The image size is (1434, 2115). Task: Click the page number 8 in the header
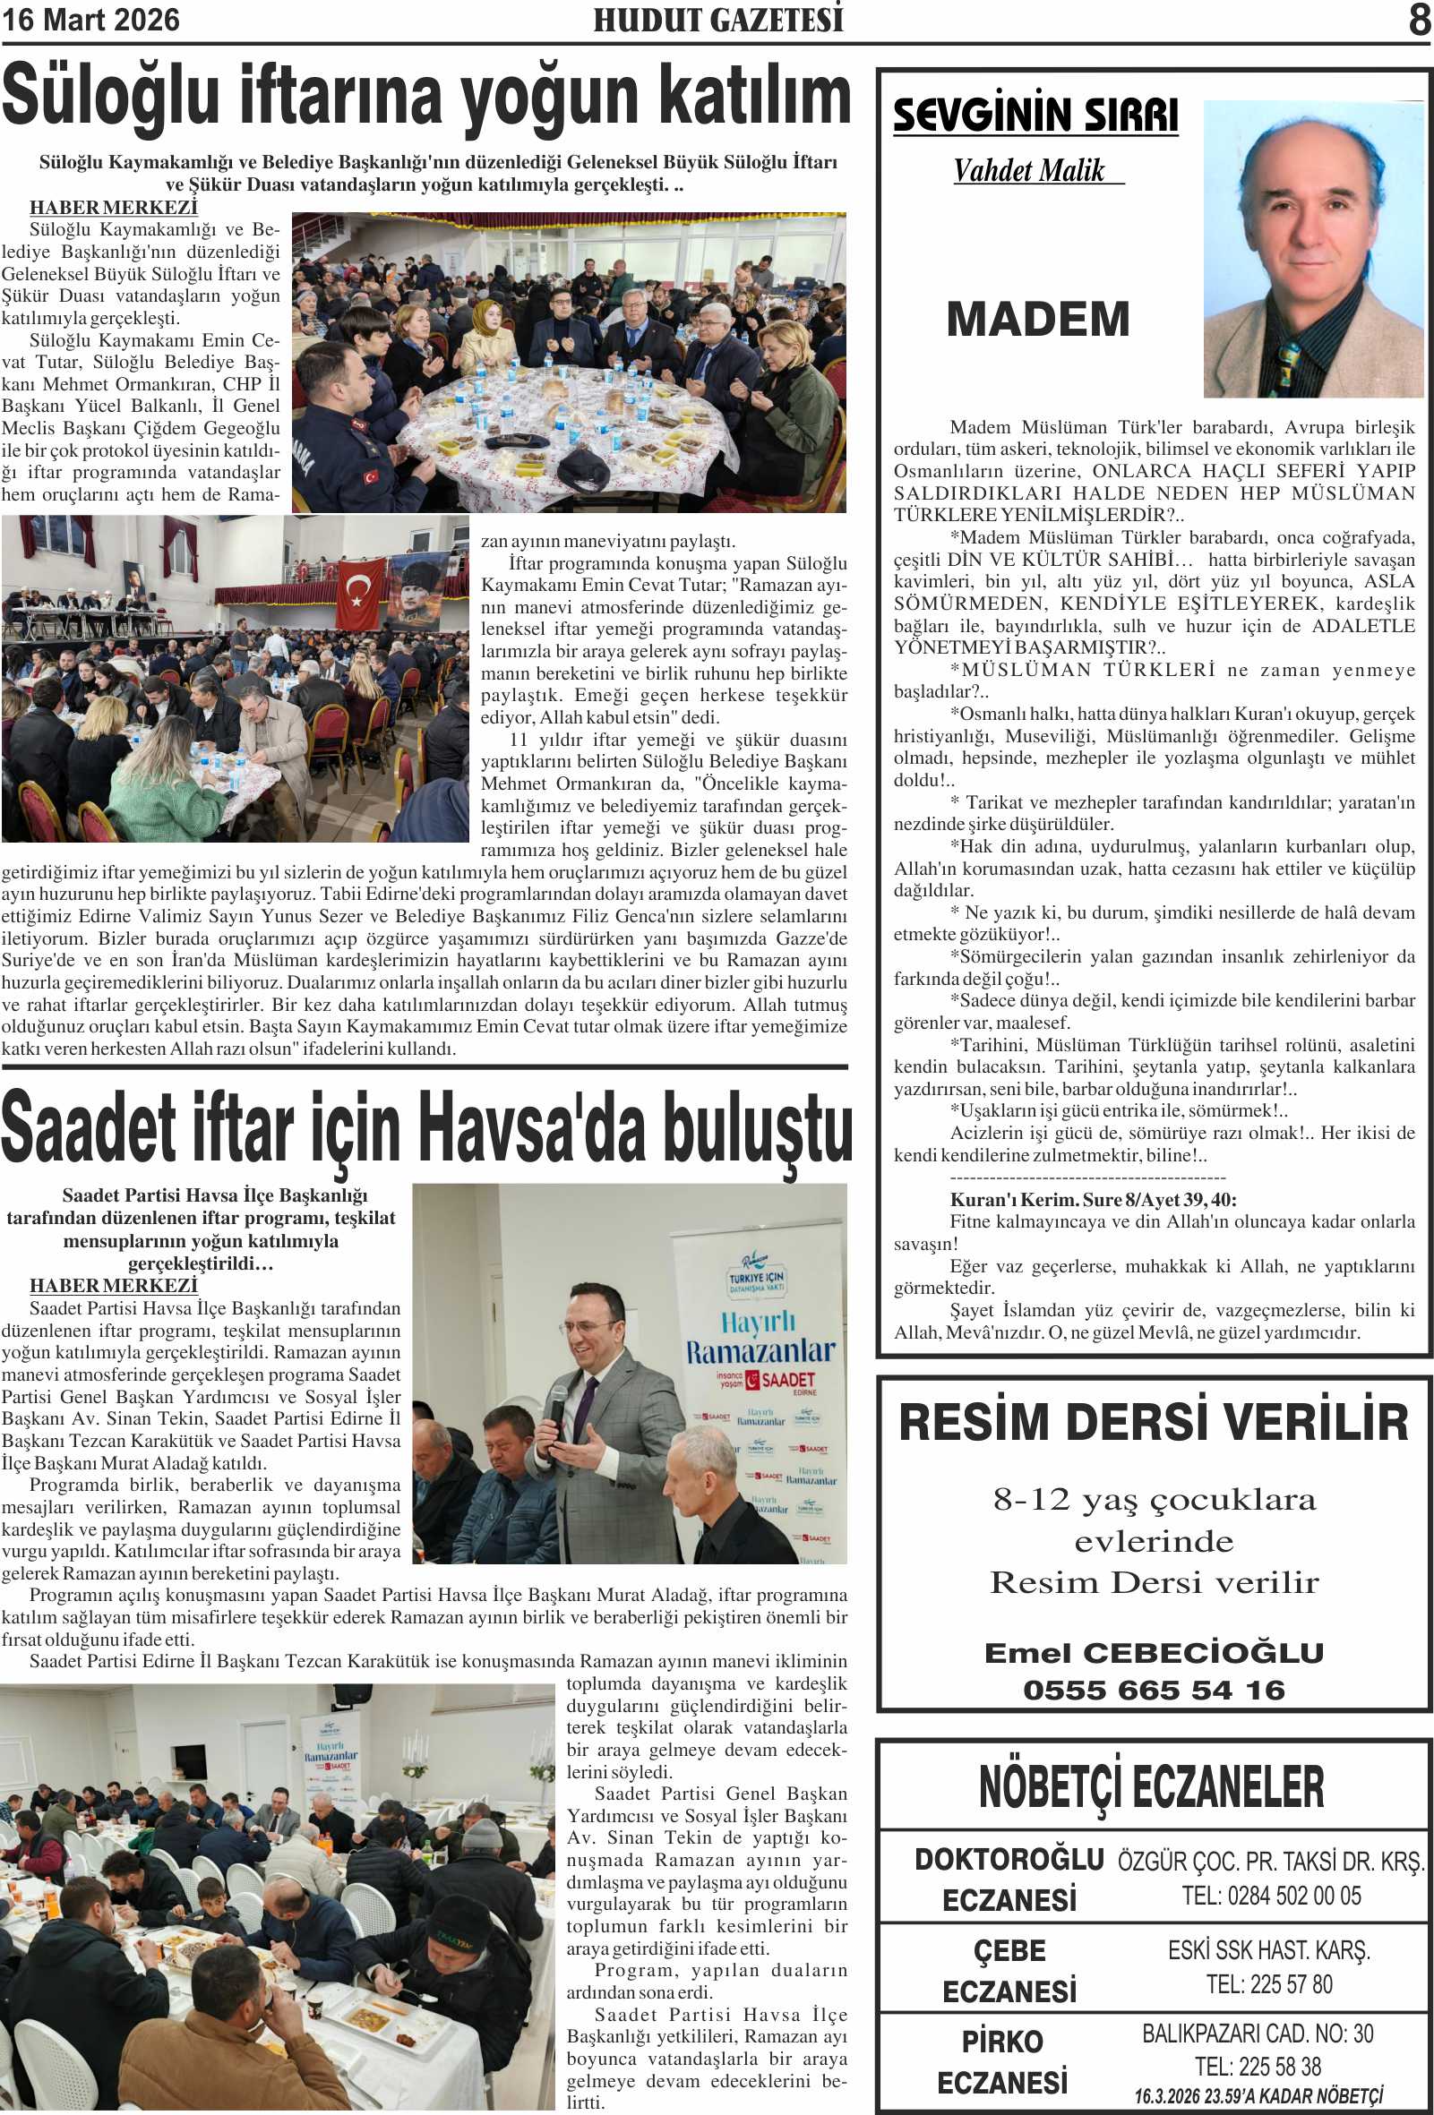tap(1419, 20)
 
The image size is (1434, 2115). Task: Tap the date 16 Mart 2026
tap(91, 20)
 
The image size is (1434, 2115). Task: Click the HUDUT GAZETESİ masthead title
tap(717, 20)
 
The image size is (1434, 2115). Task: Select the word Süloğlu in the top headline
tap(110, 96)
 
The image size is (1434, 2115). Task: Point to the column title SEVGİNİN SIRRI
tap(1035, 116)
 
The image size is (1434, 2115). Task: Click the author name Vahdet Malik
tap(1029, 171)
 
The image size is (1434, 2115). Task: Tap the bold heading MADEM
tap(1038, 319)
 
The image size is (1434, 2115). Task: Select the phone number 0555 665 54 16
tap(1154, 1690)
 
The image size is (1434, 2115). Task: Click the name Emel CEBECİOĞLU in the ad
tap(1154, 1653)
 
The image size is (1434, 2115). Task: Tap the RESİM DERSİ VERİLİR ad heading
tap(1154, 1424)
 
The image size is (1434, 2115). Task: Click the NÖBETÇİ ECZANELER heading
tap(1152, 1786)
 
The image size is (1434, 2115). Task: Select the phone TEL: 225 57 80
tap(1269, 1984)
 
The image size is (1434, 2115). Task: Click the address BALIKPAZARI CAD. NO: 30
tap(1258, 2034)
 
